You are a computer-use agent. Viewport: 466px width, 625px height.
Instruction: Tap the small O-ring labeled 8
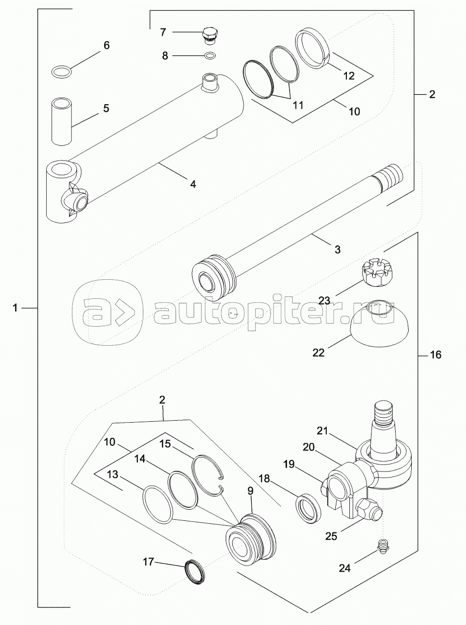210,55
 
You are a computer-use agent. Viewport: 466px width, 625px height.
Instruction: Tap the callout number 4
193,184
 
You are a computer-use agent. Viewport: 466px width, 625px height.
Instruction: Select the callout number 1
16,308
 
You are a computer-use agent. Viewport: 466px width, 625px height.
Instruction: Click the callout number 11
298,106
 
